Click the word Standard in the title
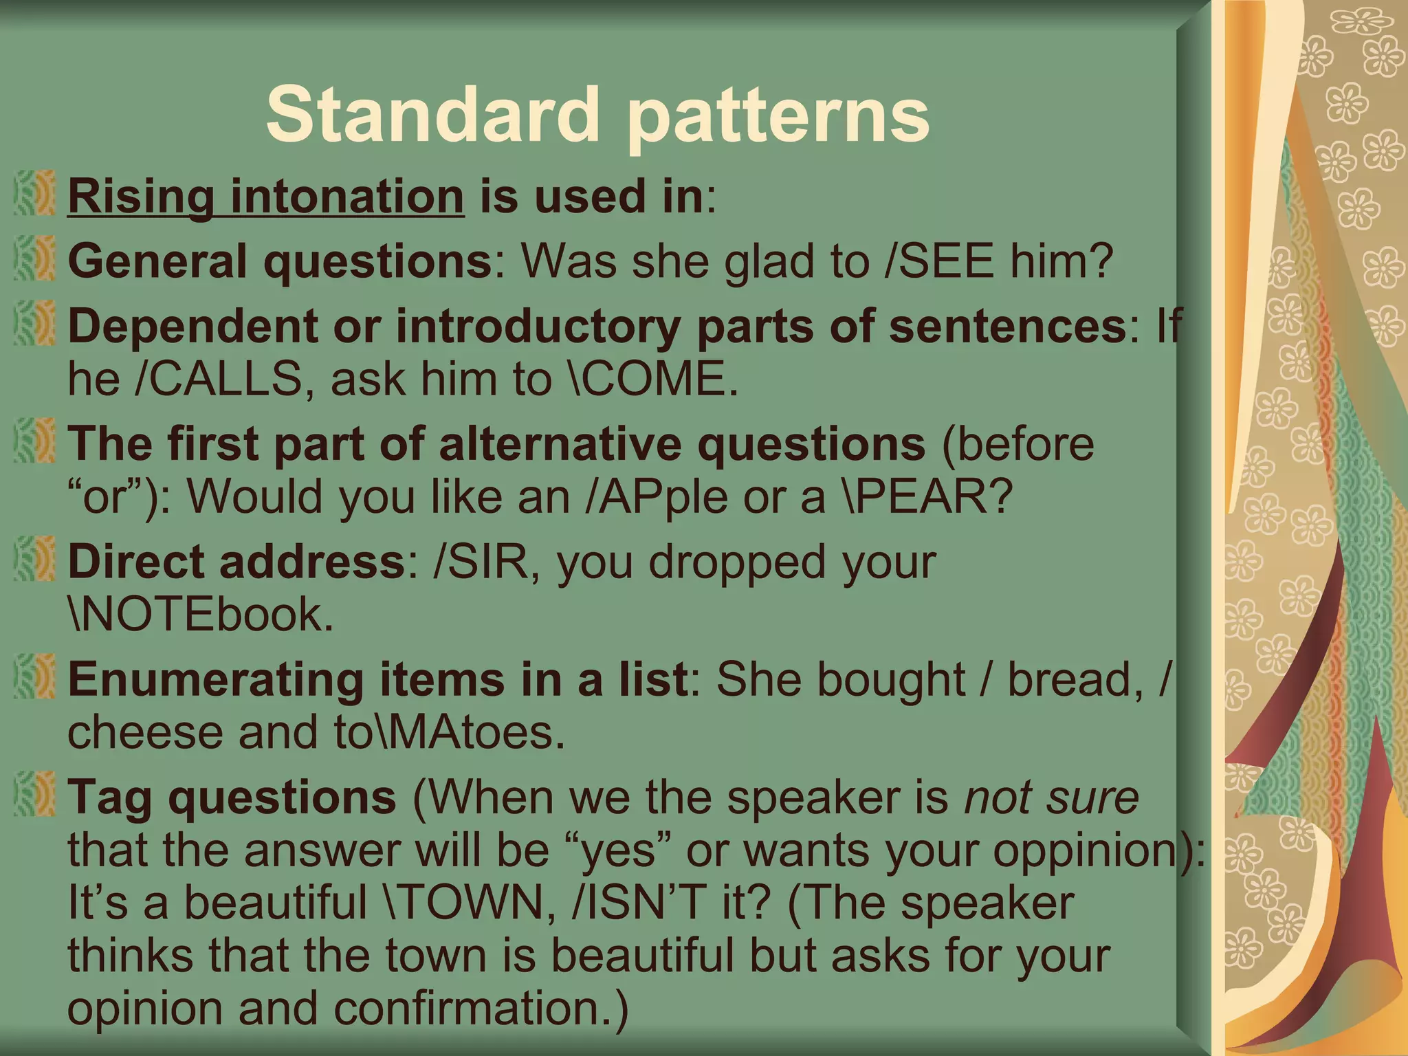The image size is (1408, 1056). [x=433, y=113]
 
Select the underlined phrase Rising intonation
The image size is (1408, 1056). [x=266, y=197]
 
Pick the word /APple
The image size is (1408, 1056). [x=656, y=497]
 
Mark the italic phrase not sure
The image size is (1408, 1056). [x=1052, y=797]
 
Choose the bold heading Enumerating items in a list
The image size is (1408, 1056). [x=377, y=680]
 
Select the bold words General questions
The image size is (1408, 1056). [x=279, y=262]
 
